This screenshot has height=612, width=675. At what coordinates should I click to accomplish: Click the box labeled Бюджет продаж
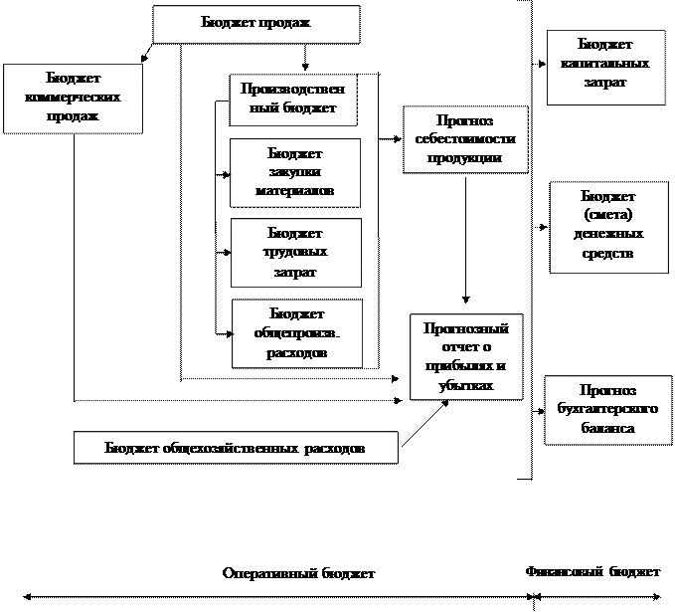[x=255, y=25]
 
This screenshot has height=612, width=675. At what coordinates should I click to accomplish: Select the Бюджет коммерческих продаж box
[x=74, y=98]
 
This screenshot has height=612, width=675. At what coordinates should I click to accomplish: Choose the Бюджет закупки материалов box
[x=294, y=172]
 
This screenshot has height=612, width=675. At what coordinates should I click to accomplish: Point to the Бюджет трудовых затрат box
[x=294, y=253]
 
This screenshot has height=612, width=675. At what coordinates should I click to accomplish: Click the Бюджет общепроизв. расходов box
[x=296, y=333]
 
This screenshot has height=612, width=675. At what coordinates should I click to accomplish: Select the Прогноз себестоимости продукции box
[x=465, y=139]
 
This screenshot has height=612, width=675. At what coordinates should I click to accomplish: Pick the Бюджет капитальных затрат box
[x=605, y=66]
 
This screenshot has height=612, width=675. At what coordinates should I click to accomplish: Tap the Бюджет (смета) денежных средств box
[x=607, y=225]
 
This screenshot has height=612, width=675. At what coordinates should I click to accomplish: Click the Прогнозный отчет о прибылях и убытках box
[x=465, y=356]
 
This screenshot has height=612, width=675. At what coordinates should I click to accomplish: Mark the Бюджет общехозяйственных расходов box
[x=236, y=448]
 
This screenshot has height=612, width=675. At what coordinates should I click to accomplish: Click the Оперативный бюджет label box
[x=298, y=574]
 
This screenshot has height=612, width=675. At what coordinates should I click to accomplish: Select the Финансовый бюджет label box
[x=592, y=572]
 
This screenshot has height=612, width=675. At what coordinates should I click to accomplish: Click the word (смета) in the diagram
[x=607, y=215]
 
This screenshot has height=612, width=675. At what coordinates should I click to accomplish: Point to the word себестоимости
[x=465, y=140]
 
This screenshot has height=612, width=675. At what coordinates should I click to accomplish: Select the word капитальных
[x=605, y=65]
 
